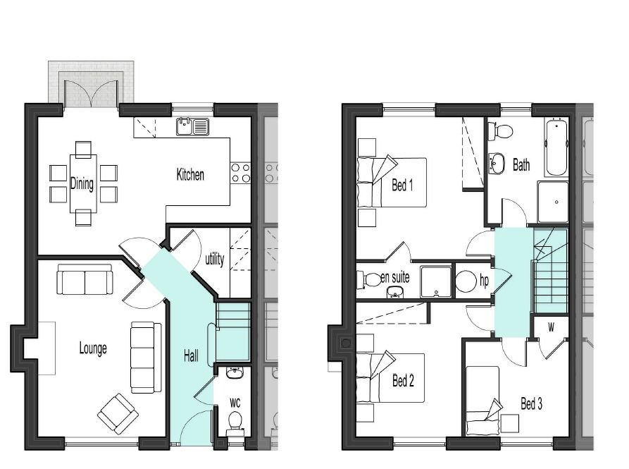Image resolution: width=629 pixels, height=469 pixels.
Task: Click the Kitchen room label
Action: (x=190, y=175)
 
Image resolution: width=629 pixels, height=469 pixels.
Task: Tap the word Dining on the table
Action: (x=82, y=183)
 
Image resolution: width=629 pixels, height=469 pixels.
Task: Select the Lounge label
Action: (x=93, y=348)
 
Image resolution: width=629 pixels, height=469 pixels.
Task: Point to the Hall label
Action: (x=191, y=355)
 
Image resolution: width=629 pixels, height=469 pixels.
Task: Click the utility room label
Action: (x=215, y=259)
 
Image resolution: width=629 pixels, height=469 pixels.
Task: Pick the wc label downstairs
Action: (x=235, y=402)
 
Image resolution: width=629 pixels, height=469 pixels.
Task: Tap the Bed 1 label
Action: (x=402, y=185)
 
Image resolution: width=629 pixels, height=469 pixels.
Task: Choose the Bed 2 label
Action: (x=403, y=380)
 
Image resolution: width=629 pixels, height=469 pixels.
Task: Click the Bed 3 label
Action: (x=532, y=403)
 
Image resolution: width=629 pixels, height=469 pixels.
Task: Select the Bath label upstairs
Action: (x=521, y=164)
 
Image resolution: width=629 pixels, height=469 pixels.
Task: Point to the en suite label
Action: (x=395, y=277)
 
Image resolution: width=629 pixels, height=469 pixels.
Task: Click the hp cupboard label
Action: (x=484, y=281)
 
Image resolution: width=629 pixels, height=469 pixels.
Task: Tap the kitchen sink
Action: (x=192, y=126)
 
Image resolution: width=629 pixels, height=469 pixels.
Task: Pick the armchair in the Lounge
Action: (x=118, y=413)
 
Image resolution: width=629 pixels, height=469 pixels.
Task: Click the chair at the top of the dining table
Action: (x=83, y=148)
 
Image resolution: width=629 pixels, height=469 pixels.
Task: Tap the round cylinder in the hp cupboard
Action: (x=466, y=281)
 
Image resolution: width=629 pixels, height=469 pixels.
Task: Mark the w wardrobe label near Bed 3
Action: (x=552, y=328)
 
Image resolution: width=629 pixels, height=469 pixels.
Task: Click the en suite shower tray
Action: (x=435, y=281)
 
